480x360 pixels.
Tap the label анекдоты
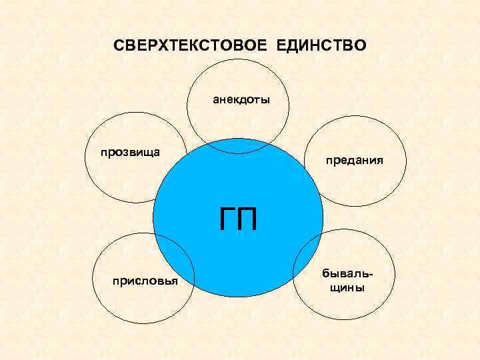241,101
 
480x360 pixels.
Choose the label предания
354,161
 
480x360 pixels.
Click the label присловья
145,281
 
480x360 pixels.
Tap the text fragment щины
344,288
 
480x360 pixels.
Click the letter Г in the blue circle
226,219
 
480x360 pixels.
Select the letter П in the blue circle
247,219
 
